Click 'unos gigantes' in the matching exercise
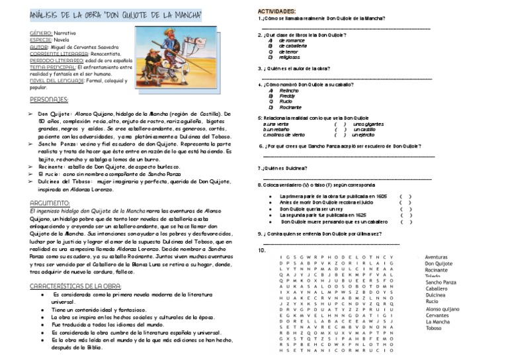(370, 124)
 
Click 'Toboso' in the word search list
(435, 328)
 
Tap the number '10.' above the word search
(263, 251)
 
